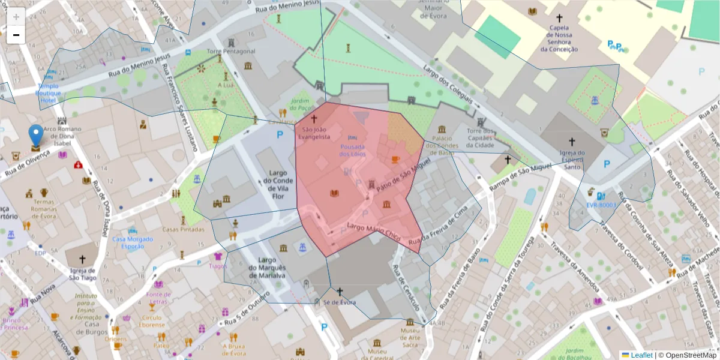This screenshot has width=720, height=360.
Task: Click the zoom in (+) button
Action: (x=16, y=17)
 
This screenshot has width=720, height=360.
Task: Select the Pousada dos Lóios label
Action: (x=352, y=150)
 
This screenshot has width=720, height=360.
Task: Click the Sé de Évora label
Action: (x=339, y=302)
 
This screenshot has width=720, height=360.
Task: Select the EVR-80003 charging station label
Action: (x=601, y=205)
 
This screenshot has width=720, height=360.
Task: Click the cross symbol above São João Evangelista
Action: (x=313, y=119)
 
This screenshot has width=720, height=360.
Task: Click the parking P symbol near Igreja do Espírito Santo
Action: (x=607, y=163)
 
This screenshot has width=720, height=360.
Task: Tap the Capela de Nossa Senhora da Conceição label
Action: (x=559, y=38)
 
